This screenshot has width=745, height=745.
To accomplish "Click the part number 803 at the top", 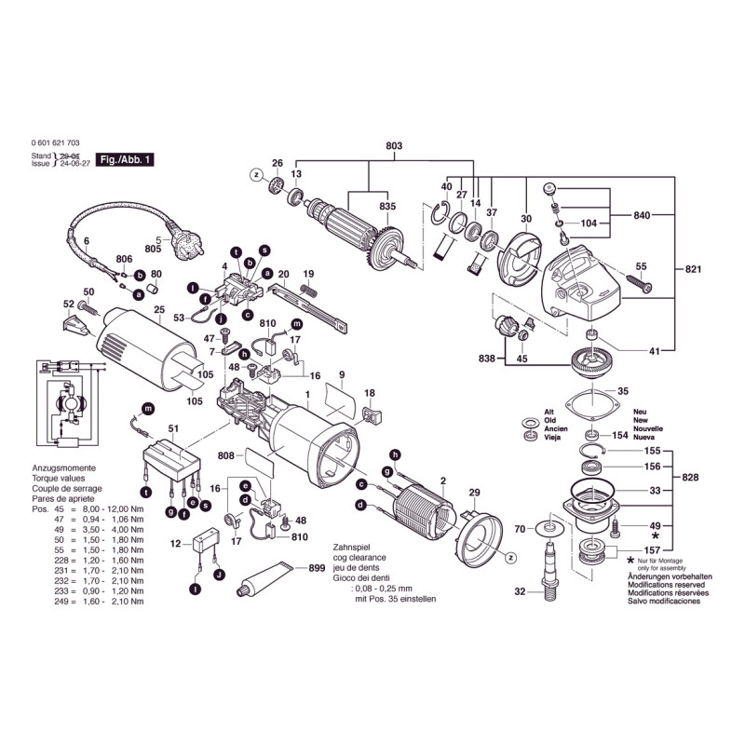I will pyautogui.click(x=394, y=146).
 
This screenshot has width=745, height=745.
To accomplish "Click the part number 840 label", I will pyautogui.click(x=643, y=216).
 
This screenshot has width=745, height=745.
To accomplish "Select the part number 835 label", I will pyautogui.click(x=386, y=206).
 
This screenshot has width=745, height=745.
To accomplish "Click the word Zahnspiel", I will pyautogui.click(x=351, y=549).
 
